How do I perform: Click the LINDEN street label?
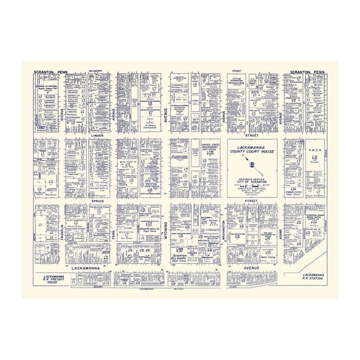pyautogui.click(x=96, y=135)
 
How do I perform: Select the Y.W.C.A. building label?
pyautogui.click(x=313, y=149)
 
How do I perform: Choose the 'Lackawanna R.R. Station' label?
pyautogui.click(x=311, y=277)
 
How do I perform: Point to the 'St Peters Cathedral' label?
pyautogui.click(x=151, y=126)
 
